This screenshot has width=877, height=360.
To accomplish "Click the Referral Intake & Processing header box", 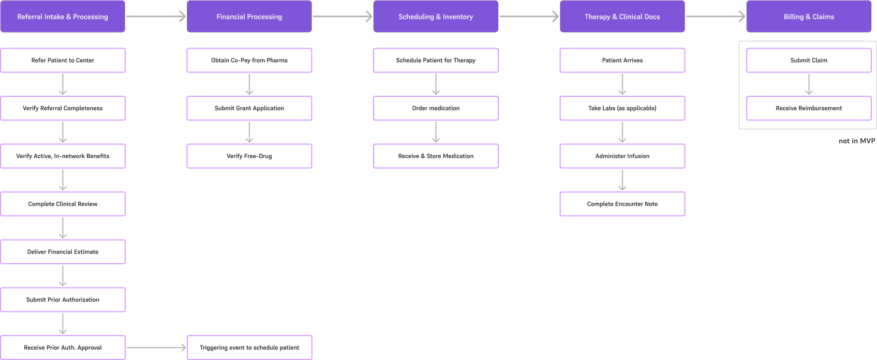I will click(x=63, y=17).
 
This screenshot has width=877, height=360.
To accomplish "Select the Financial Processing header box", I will click(x=249, y=17).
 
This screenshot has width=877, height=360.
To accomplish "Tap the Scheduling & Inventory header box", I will click(x=436, y=17).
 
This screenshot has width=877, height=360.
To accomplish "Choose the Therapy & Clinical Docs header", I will click(x=622, y=17).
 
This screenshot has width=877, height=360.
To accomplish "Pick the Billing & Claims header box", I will click(x=809, y=17).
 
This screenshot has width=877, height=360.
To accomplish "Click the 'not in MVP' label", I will click(x=857, y=141).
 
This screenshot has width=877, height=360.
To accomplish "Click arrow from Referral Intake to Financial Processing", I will click(x=155, y=17).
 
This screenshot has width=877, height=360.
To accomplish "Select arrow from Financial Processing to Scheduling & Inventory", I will click(x=342, y=17).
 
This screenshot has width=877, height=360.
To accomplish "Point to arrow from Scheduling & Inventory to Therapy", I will click(x=529, y=17).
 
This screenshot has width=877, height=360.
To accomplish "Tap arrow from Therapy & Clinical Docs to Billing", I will click(x=715, y=17).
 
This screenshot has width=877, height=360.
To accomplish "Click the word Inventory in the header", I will click(x=458, y=17).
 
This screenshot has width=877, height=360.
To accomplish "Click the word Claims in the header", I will click(x=823, y=17).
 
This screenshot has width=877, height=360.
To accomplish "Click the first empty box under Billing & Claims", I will click(x=809, y=61).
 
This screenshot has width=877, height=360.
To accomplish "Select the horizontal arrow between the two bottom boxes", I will click(x=155, y=348).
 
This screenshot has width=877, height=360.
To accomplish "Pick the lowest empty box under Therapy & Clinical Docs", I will click(x=622, y=204).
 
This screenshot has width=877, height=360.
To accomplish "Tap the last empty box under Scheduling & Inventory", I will click(x=436, y=156).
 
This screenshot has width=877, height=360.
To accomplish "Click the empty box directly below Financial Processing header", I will click(x=249, y=61).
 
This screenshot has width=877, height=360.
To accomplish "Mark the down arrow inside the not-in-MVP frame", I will click(x=809, y=84).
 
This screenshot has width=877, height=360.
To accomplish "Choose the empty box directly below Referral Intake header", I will click(x=63, y=61).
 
